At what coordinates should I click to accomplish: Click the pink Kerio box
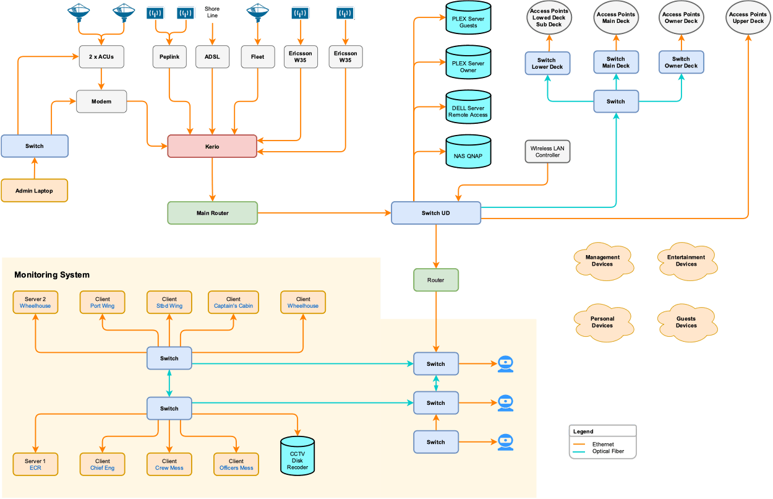[212, 147]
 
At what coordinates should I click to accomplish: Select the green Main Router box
[212, 213]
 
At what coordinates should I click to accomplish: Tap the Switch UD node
[435, 213]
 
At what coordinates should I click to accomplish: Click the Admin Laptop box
[34, 191]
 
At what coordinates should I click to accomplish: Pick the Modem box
[101, 102]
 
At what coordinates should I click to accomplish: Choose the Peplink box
[169, 57]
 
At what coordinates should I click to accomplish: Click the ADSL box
[212, 57]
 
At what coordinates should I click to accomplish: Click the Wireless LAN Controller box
[547, 152]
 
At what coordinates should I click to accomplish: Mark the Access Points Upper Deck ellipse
[748, 18]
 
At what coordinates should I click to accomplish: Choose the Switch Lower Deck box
[547, 64]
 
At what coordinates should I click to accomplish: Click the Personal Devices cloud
[602, 323]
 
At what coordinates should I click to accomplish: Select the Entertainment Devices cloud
[686, 261]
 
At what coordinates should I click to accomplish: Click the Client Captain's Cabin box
[233, 302]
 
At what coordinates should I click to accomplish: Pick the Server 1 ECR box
[35, 464]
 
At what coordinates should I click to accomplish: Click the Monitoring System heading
[52, 275]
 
